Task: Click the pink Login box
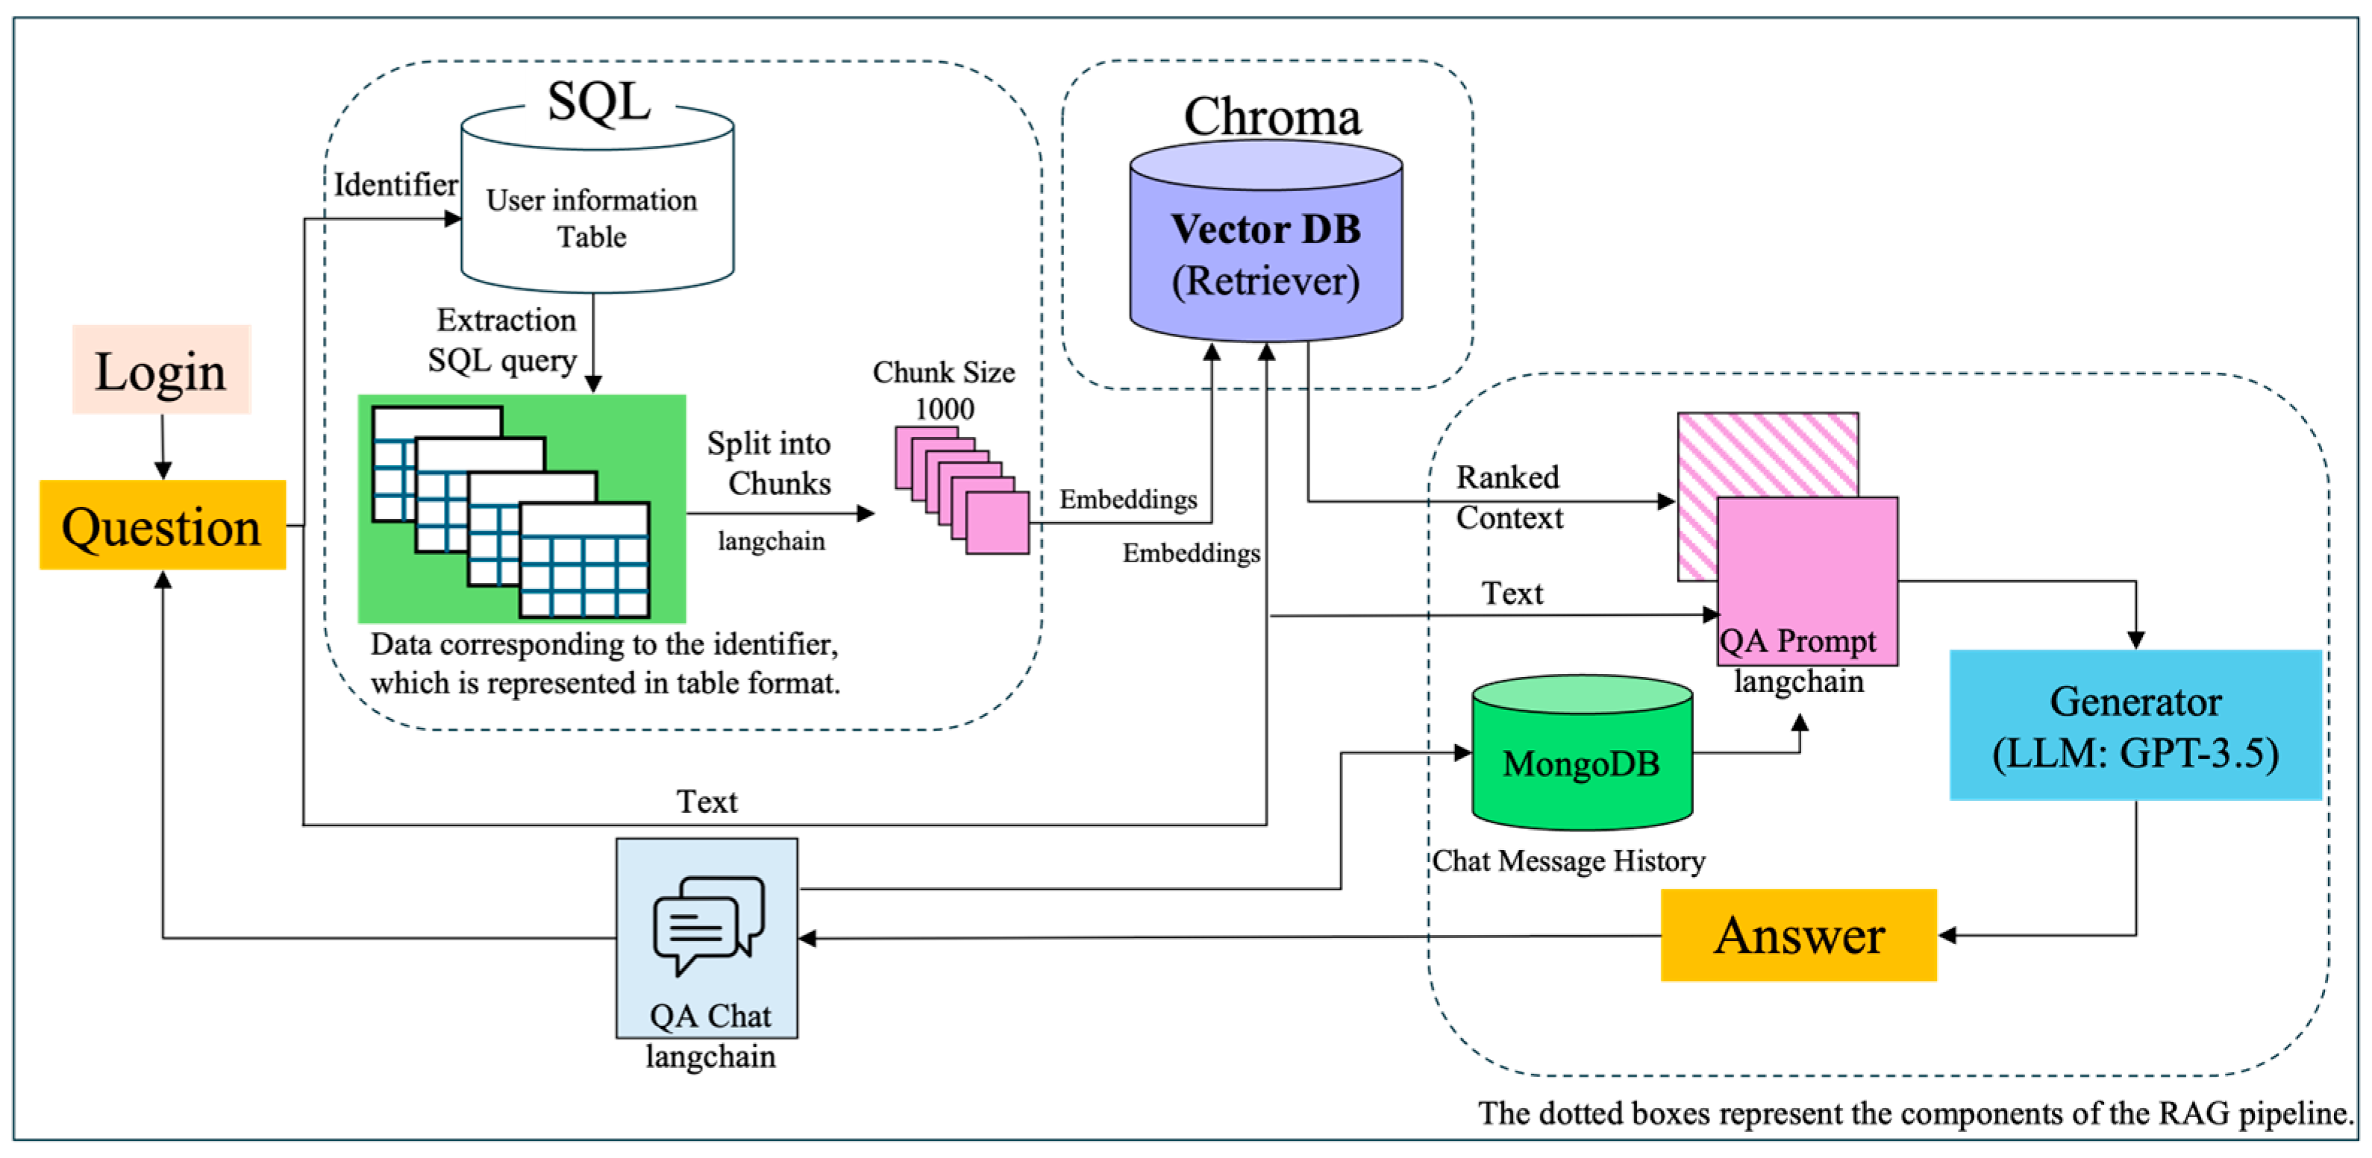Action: (161, 370)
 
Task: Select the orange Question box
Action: (162, 526)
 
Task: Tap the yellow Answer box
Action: (1798, 935)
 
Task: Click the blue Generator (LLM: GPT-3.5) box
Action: (2135, 726)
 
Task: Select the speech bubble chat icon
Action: (707, 923)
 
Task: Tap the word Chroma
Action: (1271, 117)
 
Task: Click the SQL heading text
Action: (598, 101)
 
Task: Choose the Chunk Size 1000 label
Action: (944, 390)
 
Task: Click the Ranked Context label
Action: (1508, 497)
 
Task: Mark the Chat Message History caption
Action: (1568, 861)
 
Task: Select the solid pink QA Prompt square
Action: (1806, 570)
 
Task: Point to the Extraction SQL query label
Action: (504, 340)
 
